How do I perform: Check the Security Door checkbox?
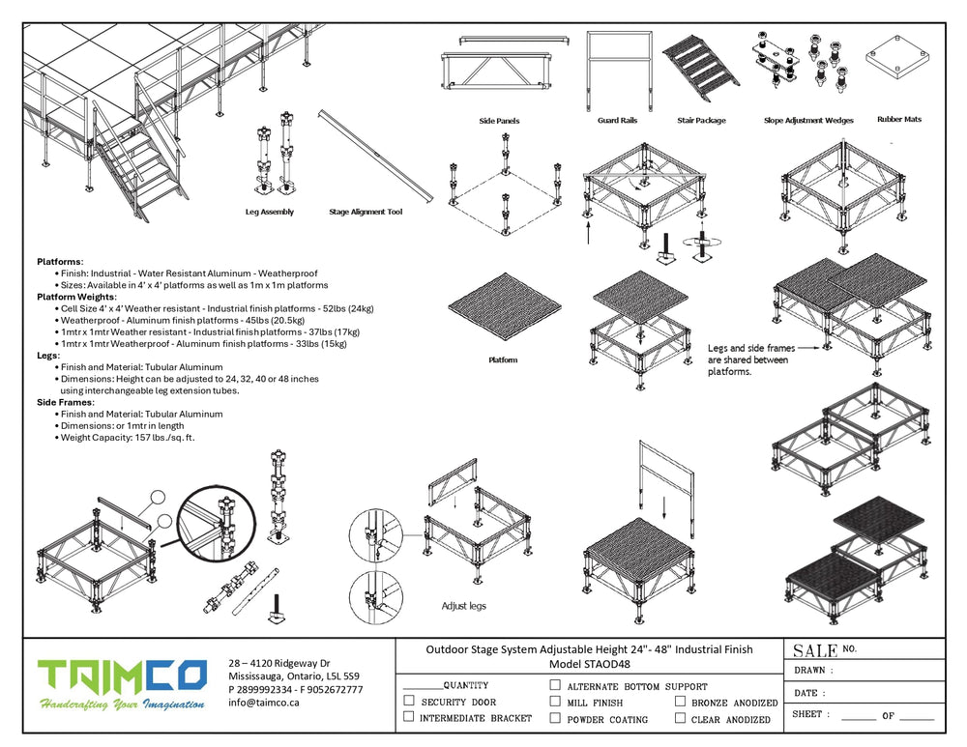pos(409,701)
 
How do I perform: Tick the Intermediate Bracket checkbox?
pos(409,717)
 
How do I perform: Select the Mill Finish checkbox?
pos(555,702)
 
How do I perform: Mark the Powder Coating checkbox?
pos(555,718)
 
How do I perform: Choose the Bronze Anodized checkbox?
pos(681,702)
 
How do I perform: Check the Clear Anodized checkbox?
pos(681,718)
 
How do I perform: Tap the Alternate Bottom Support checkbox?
pos(555,685)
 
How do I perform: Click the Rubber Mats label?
pos(898,120)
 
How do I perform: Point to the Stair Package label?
pos(701,121)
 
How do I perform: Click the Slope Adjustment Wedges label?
pos(807,121)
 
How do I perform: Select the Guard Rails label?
pos(618,121)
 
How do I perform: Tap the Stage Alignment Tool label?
pos(366,212)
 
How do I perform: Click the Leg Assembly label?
pos(270,212)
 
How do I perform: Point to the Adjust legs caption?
pos(463,606)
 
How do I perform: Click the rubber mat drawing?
pos(898,62)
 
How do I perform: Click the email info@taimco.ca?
pos(264,704)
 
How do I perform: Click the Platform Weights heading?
pos(74,297)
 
